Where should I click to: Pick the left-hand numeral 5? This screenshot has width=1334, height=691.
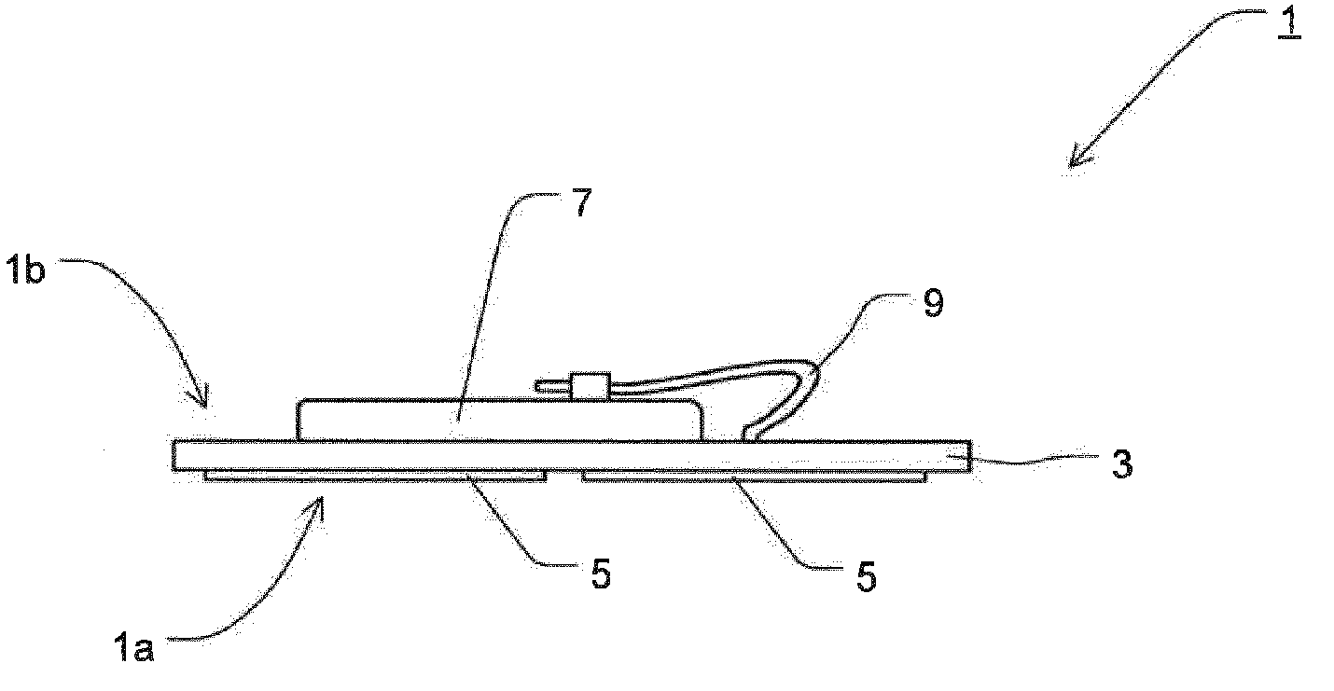(x=601, y=574)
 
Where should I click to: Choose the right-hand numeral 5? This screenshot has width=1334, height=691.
(x=866, y=576)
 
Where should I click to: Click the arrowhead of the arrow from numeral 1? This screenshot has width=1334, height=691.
(x=1075, y=161)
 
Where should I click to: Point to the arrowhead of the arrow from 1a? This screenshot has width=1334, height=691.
(x=320, y=504)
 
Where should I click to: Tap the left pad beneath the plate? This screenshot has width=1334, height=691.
(x=373, y=477)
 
